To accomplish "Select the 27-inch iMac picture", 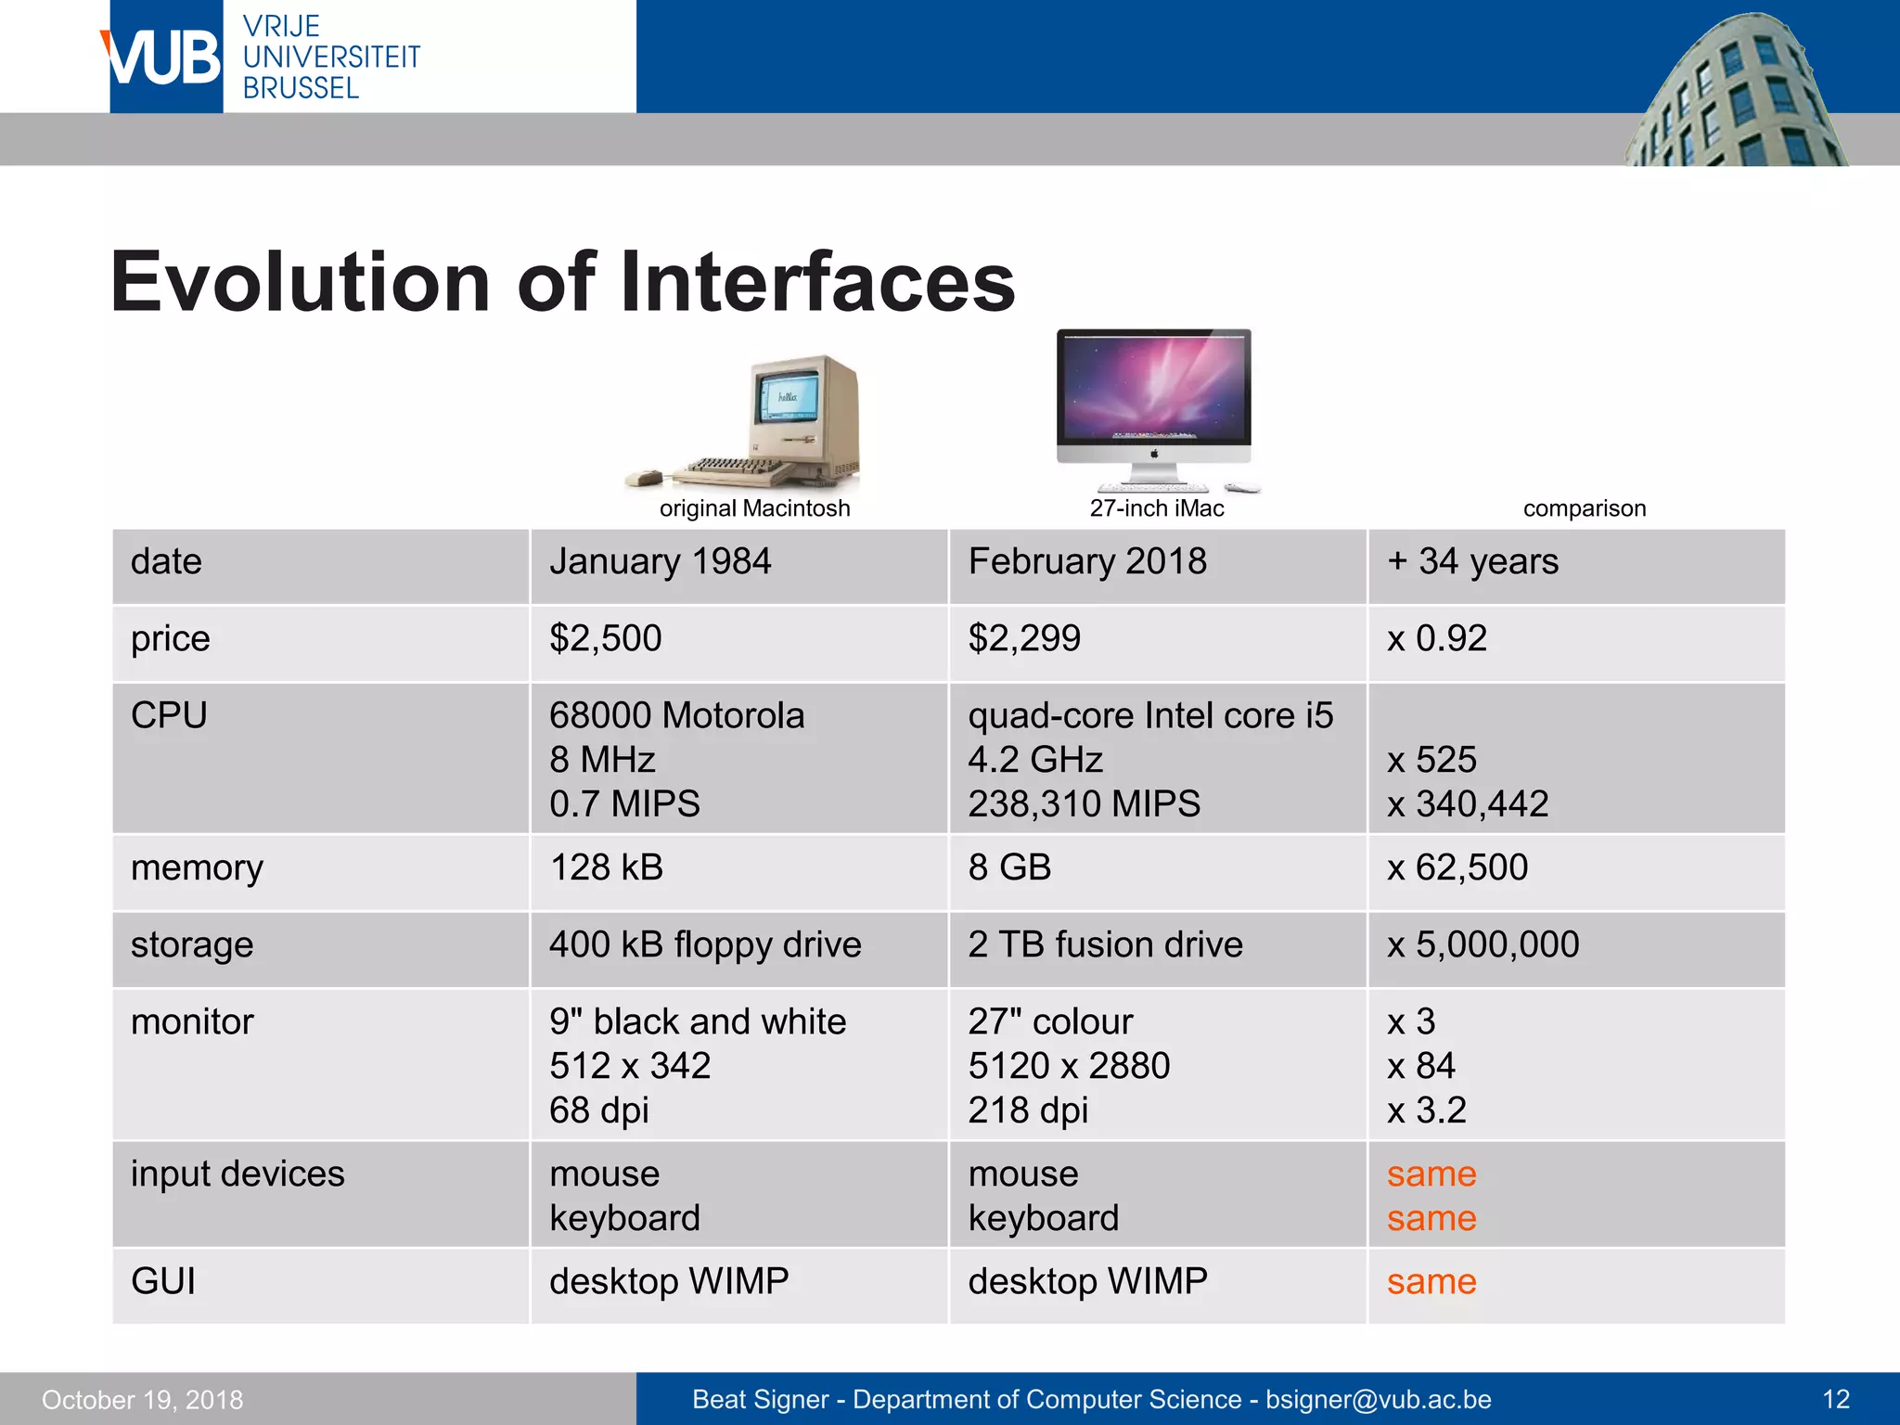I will [1154, 408].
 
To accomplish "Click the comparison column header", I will [1584, 508].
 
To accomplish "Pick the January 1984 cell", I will [660, 562].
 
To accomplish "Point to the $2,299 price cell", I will [1024, 639].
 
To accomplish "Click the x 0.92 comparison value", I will [1436, 639].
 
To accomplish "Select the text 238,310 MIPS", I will [1084, 804].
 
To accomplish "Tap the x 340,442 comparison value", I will [1468, 804].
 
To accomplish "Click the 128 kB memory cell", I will [607, 868].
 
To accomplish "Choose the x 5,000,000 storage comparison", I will [1483, 945].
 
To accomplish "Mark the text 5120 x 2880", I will [1069, 1066].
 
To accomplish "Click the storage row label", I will [192, 945].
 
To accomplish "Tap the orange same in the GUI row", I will [1431, 1282].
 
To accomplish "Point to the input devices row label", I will [237, 1175].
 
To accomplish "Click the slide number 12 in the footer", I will [1836, 1400].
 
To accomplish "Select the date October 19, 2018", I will [143, 1400].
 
